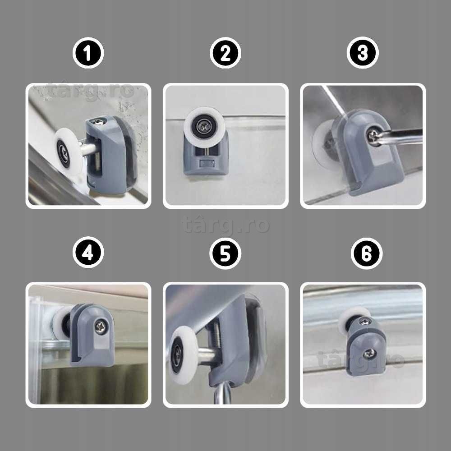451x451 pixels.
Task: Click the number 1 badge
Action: pyautogui.click(x=88, y=53)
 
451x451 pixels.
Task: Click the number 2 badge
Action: pyautogui.click(x=225, y=53)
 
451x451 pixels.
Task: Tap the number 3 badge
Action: pyautogui.click(x=363, y=53)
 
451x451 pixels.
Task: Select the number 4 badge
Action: pyautogui.click(x=88, y=253)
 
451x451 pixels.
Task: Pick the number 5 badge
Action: pyautogui.click(x=225, y=253)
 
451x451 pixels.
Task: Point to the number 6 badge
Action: pyautogui.click(x=366, y=253)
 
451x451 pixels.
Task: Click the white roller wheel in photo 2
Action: pyautogui.click(x=204, y=124)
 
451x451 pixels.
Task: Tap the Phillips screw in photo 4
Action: pyautogui.click(x=101, y=327)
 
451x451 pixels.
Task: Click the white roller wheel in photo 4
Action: pyautogui.click(x=61, y=323)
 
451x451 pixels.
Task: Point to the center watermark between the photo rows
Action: pyautogui.click(x=225, y=225)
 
